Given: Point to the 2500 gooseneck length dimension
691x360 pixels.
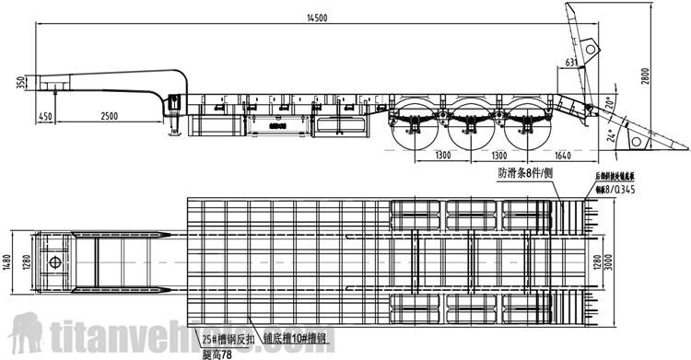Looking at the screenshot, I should (x=109, y=115).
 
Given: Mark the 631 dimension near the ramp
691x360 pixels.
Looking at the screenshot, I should (x=571, y=63).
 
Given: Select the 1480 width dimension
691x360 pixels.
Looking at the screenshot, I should (x=8, y=262).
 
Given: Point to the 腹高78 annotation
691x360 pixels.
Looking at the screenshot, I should (x=217, y=352).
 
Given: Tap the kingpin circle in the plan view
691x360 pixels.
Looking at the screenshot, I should (x=57, y=261).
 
